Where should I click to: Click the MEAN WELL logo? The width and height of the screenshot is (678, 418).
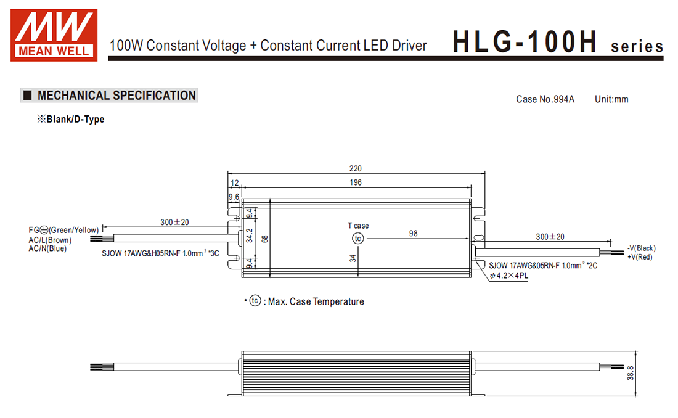tap(54, 35)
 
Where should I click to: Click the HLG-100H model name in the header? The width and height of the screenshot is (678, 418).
tap(525, 42)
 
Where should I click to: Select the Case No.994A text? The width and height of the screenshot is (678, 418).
tap(545, 99)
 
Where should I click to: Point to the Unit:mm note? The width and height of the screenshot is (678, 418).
tap(611, 99)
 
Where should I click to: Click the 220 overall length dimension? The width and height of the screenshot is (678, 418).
tap(356, 168)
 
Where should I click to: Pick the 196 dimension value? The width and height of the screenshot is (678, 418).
tap(356, 182)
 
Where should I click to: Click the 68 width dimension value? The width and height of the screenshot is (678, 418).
tap(264, 239)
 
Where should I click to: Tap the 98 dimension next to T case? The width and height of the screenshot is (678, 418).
tap(414, 233)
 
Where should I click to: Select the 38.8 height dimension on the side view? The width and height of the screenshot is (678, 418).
tap(631, 373)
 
